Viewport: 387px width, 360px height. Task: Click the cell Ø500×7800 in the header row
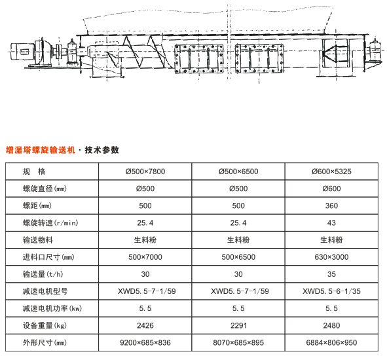coord(145,171)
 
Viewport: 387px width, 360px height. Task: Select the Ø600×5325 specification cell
coord(331,171)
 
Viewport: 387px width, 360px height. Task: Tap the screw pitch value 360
coord(331,206)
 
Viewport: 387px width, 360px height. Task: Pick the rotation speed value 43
coord(331,223)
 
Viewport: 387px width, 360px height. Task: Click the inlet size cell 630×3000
coord(331,257)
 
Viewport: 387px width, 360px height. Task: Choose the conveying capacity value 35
coord(331,274)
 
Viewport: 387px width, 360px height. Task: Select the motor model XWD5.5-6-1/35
coord(331,291)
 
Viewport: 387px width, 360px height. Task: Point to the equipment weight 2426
coord(145,325)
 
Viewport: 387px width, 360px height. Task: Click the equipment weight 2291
coord(238,325)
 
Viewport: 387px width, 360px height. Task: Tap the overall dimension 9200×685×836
coord(145,342)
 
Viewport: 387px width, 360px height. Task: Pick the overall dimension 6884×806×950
coord(331,342)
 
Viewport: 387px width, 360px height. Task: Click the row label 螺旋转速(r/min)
coord(50,223)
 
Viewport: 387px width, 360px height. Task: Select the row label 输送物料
coord(37,240)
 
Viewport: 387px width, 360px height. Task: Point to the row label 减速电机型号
coord(45,291)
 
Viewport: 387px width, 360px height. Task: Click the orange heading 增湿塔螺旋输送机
coord(40,150)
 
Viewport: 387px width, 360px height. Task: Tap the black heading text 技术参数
coord(101,150)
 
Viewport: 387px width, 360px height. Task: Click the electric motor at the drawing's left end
coord(22,51)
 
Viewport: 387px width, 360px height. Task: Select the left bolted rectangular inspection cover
coord(199,59)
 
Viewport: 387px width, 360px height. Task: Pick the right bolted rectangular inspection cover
coord(259,58)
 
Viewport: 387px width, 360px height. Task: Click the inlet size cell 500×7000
coord(145,257)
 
